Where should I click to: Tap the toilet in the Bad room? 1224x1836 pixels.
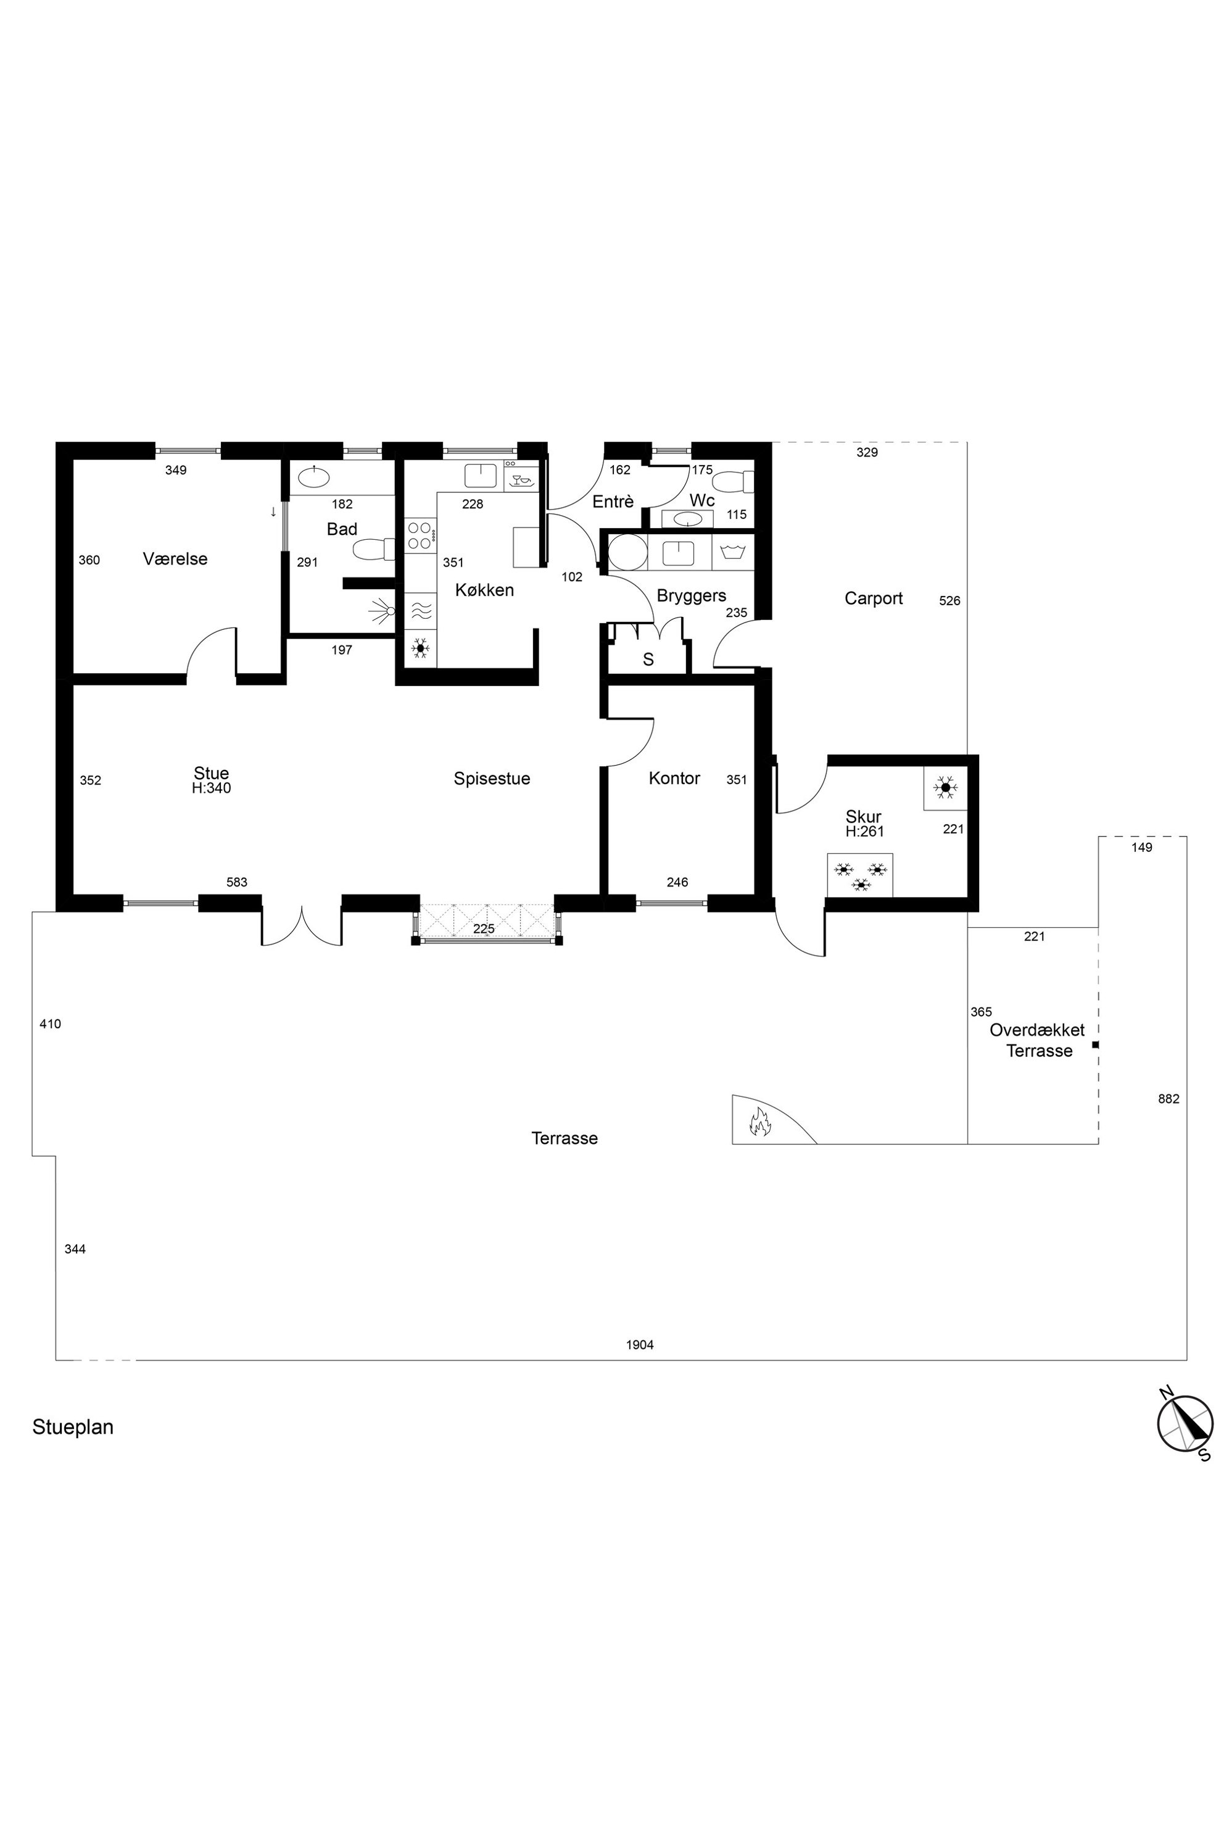[x=374, y=550]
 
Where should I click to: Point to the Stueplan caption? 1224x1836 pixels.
[x=73, y=1427]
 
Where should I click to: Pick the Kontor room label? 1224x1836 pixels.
[x=674, y=779]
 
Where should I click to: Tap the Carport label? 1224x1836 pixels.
[x=874, y=598]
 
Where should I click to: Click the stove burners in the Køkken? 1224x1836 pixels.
[x=420, y=535]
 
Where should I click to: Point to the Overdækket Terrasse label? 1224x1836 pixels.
[x=1038, y=1041]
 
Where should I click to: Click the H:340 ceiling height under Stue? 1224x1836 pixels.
[x=212, y=788]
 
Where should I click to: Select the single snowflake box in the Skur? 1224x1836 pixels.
[x=945, y=788]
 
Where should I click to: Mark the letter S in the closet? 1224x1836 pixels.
[x=648, y=660]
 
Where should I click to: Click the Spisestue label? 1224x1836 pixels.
[x=492, y=779]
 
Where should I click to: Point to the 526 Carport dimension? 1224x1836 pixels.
[x=949, y=601]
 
